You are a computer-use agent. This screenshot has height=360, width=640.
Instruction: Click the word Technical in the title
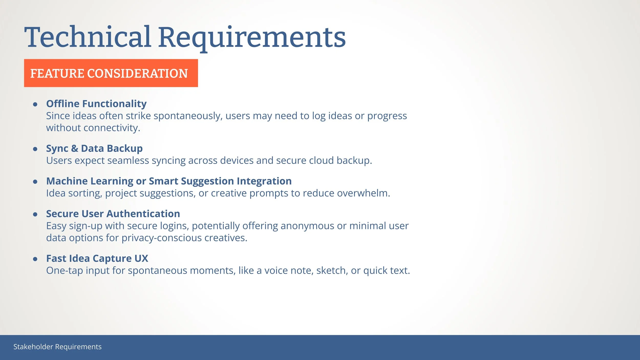click(88, 37)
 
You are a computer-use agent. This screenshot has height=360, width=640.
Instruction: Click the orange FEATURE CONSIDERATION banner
click(111, 73)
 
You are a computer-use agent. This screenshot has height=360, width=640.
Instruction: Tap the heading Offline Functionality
click(96, 104)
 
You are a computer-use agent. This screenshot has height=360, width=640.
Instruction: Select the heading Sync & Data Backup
click(94, 149)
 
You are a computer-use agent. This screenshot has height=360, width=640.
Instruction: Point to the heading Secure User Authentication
click(113, 214)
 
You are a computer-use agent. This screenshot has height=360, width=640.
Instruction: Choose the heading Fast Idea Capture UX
click(97, 259)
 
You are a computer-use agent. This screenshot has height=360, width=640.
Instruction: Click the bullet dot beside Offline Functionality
click(35, 104)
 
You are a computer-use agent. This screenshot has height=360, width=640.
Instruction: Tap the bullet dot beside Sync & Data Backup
click(35, 149)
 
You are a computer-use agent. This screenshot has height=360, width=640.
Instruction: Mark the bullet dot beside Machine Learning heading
click(35, 182)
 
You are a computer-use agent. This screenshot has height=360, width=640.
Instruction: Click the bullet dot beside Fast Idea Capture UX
click(35, 259)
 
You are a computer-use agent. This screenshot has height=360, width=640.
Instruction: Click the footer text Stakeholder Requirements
click(57, 347)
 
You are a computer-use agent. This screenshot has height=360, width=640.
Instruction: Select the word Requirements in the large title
click(252, 38)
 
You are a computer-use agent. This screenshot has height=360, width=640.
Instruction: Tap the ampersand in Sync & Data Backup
click(74, 149)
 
